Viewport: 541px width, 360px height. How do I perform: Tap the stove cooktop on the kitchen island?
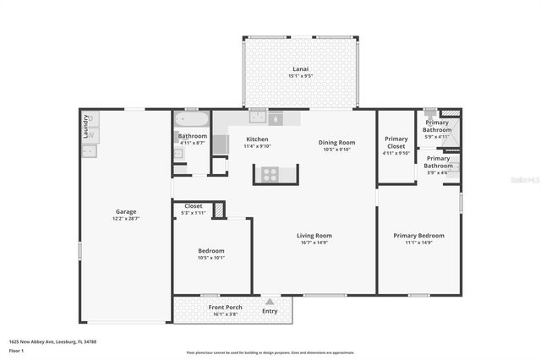[x=270, y=174]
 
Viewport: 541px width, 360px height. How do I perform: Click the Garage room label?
[x=126, y=211]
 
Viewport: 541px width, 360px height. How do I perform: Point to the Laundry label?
[x=86, y=128]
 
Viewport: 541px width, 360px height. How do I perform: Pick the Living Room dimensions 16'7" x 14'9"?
[x=314, y=243]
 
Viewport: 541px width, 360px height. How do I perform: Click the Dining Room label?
[x=336, y=142]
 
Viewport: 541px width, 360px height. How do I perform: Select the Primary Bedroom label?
[x=418, y=236]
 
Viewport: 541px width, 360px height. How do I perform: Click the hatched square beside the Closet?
[x=219, y=210]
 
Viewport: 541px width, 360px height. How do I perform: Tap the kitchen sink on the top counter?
[x=251, y=119]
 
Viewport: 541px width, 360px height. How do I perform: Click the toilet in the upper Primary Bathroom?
[x=431, y=112]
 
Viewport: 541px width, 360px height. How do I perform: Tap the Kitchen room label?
[x=257, y=139]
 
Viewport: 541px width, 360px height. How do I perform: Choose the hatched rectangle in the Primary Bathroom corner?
[x=451, y=112]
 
